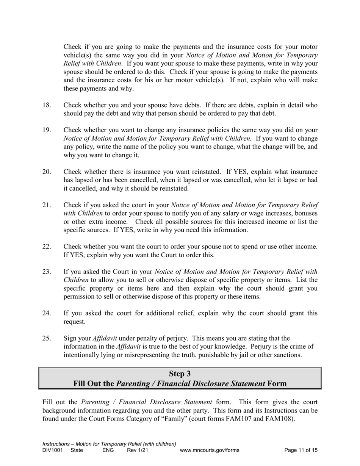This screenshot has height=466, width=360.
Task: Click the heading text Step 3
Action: tap(180, 374)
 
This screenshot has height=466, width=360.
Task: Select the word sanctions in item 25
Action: tap(287, 355)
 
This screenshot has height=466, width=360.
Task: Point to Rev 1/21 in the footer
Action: tap(138, 450)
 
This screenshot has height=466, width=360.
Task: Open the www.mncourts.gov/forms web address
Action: tap(210, 450)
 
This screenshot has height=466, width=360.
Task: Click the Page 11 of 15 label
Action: tap(301, 450)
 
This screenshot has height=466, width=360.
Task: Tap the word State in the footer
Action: tap(77, 450)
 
